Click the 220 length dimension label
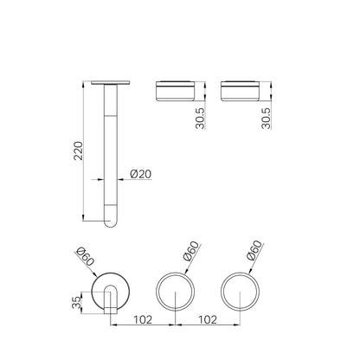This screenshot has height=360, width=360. pos(78,151)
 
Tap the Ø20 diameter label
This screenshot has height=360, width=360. pos(141,174)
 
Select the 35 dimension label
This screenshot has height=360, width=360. pos(77,303)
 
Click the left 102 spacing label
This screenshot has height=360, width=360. pos(143,319)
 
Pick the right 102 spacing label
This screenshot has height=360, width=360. pos(207,319)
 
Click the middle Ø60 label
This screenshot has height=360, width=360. pos(191,251)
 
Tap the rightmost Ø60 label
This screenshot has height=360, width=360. pos(255,250)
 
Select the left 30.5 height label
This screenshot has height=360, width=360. pos(200,119)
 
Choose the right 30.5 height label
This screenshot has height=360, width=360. pos(266,119)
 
